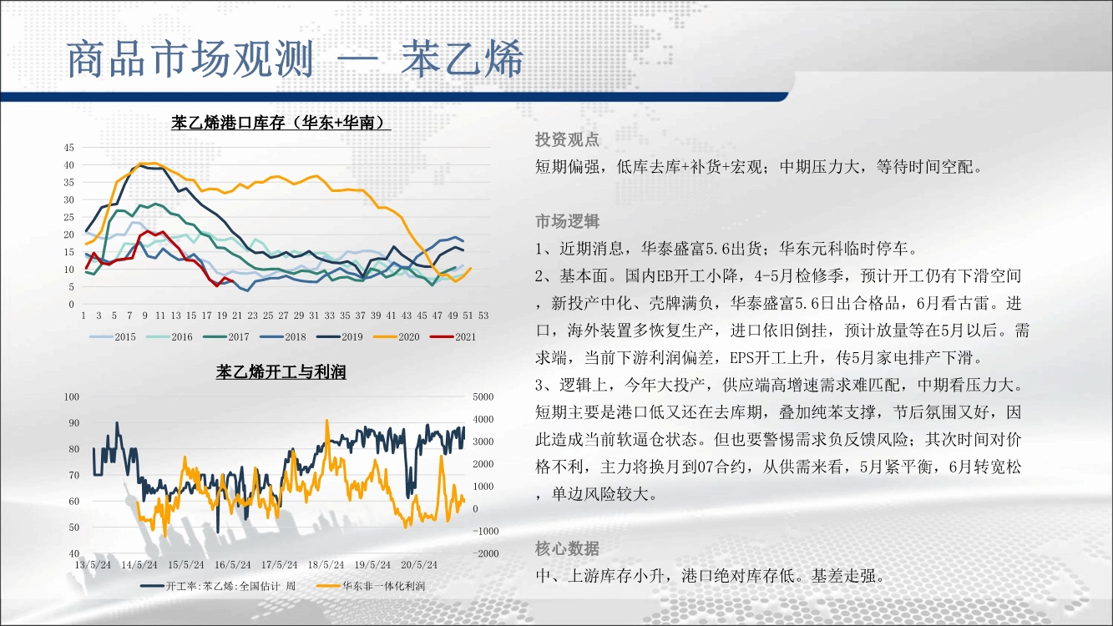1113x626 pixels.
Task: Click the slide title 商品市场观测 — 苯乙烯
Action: pyautogui.click(x=295, y=59)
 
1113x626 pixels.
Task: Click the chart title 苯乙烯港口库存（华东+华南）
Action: pyautogui.click(x=281, y=122)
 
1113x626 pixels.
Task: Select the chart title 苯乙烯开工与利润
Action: pyautogui.click(x=281, y=371)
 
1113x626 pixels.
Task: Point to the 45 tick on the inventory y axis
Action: pyautogui.click(x=69, y=148)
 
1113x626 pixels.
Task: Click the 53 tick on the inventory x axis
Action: pyautogui.click(x=483, y=316)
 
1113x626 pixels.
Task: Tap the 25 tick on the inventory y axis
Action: pyautogui.click(x=69, y=217)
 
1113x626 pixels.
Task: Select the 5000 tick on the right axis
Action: pyautogui.click(x=483, y=397)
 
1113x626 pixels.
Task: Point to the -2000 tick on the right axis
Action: pyautogui.click(x=485, y=553)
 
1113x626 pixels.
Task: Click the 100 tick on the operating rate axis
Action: pyautogui.click(x=72, y=397)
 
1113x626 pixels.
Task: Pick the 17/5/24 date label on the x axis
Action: pyautogui.click(x=279, y=565)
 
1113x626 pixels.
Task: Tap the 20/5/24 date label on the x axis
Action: pyautogui.click(x=419, y=565)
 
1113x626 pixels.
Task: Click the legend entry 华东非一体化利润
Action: pyautogui.click(x=371, y=586)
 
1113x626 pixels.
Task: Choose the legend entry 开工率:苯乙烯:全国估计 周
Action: pyautogui.click(x=218, y=586)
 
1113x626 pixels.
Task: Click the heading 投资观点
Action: pyautogui.click(x=568, y=139)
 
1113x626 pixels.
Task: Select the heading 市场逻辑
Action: pyautogui.click(x=568, y=221)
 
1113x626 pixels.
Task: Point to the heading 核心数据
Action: pyautogui.click(x=568, y=548)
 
